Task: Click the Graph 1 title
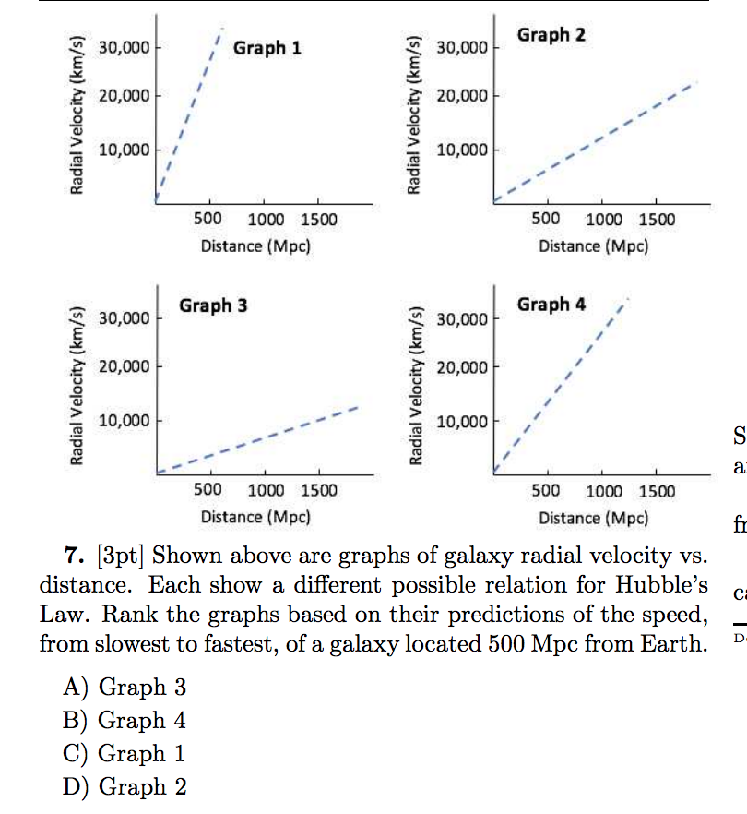(x=267, y=47)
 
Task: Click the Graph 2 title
(x=551, y=35)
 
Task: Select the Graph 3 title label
(x=213, y=305)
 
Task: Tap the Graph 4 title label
(x=551, y=304)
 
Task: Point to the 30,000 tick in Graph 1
(x=124, y=47)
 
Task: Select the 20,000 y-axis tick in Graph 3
(x=124, y=366)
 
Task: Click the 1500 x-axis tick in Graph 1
(x=319, y=220)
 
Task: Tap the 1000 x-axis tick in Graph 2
(x=603, y=220)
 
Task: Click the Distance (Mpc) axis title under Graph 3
(x=255, y=517)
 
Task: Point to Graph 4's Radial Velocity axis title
(x=417, y=379)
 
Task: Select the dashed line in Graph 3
(x=258, y=440)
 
